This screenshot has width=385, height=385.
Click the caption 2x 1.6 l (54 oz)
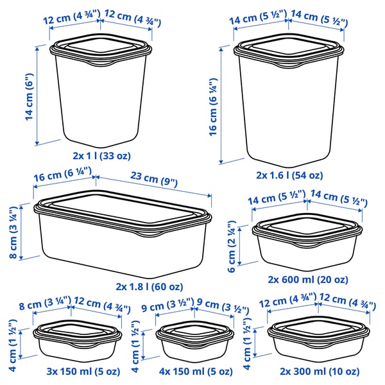[289, 175]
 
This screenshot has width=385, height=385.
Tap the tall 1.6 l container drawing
[289, 103]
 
